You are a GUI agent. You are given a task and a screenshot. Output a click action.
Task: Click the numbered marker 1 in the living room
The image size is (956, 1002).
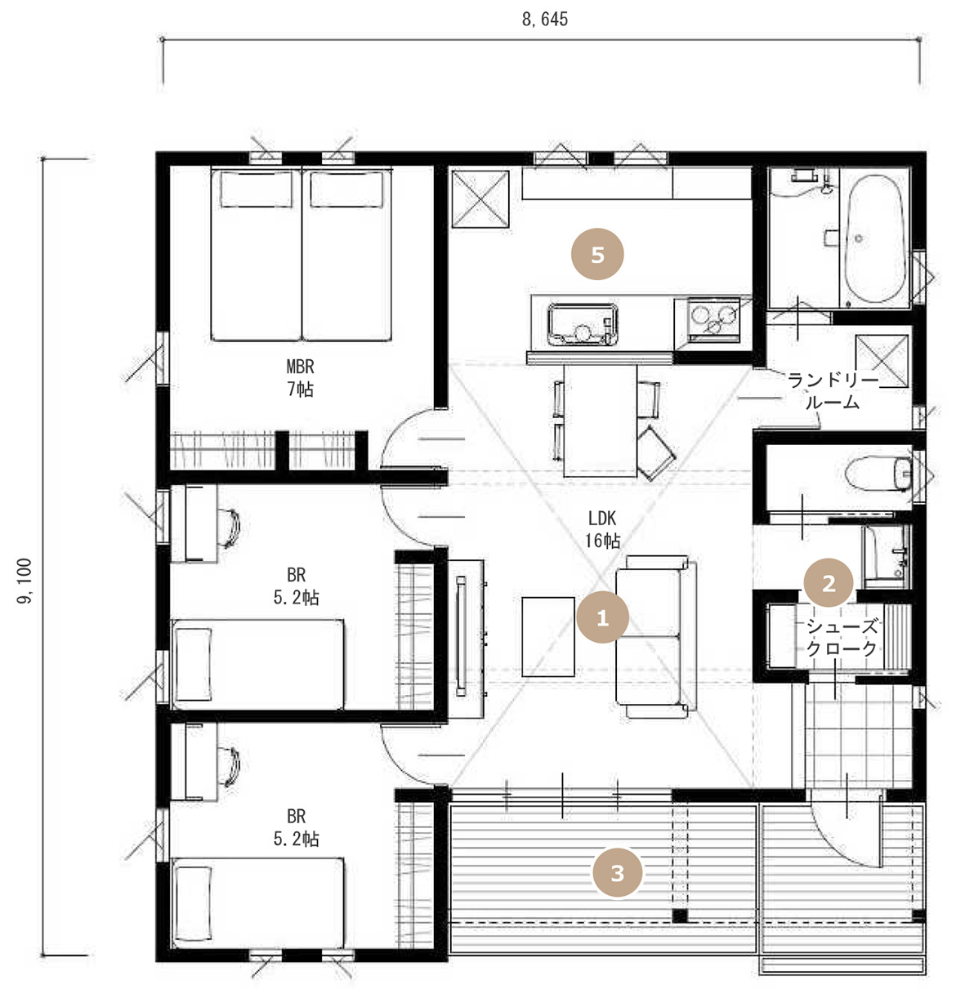click(602, 617)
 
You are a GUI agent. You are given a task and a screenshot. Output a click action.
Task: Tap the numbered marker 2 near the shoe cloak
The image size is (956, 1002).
click(828, 582)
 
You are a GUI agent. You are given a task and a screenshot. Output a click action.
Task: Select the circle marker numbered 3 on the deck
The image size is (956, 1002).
click(617, 873)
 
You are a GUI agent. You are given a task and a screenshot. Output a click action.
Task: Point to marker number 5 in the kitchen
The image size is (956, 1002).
click(596, 254)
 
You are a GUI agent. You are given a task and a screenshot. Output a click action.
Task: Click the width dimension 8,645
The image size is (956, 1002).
click(544, 20)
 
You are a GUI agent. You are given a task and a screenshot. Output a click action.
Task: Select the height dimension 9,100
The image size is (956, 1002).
click(24, 581)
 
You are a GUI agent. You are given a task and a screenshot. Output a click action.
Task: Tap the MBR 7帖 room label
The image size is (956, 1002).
click(300, 377)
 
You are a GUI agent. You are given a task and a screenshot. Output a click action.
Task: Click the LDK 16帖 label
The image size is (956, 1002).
click(602, 529)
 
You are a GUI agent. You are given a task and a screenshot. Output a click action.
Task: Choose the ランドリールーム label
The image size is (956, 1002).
click(833, 391)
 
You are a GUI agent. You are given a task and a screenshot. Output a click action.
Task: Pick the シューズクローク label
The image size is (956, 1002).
click(842, 638)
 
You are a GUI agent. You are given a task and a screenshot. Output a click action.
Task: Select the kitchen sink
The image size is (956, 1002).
click(583, 324)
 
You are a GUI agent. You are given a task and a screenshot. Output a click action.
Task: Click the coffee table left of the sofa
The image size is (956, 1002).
click(548, 637)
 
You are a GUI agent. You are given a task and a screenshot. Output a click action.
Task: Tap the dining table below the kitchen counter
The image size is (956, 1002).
click(600, 421)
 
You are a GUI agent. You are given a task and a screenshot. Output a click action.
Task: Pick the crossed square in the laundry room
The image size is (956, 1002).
click(882, 360)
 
